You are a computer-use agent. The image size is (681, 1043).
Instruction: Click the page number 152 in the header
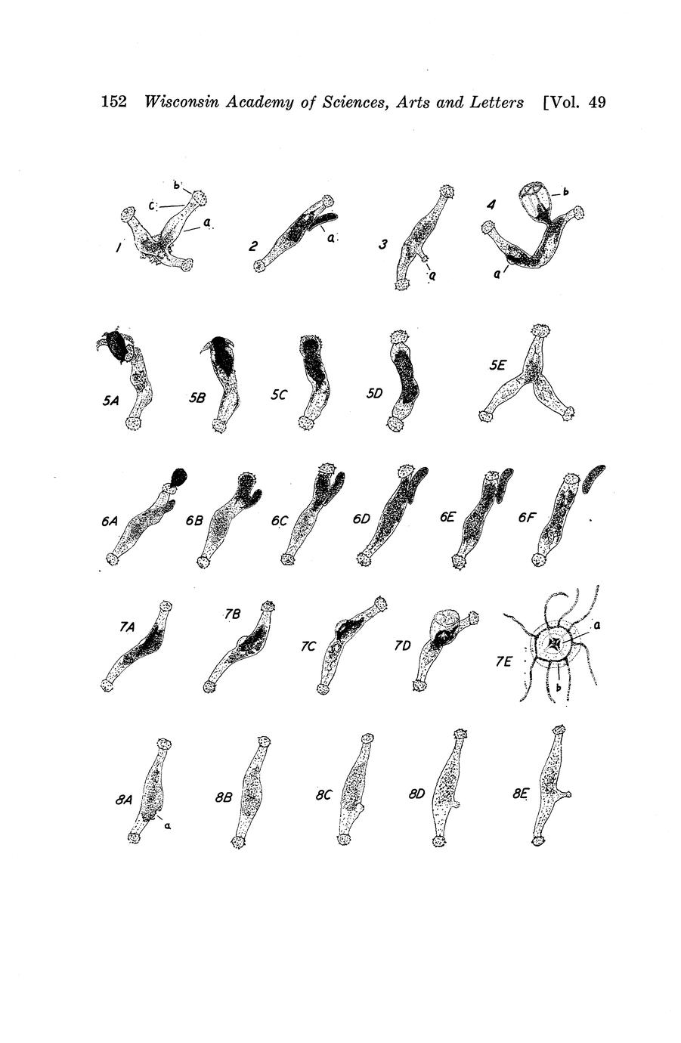(114, 101)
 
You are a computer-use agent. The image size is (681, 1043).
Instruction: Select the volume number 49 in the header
(596, 102)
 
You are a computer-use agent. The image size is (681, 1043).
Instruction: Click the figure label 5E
(497, 366)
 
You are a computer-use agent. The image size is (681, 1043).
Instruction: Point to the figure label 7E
(503, 661)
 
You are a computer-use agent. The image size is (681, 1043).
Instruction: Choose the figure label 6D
(361, 518)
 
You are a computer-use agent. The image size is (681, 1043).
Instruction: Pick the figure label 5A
(111, 401)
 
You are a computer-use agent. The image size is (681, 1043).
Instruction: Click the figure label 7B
(232, 614)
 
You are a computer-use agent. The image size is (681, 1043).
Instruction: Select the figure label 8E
(520, 794)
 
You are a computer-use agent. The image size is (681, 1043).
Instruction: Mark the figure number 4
(491, 204)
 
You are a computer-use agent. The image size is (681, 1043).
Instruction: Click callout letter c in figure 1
(152, 205)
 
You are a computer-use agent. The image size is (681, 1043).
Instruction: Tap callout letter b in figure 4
(566, 191)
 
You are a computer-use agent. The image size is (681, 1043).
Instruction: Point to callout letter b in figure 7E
(557, 687)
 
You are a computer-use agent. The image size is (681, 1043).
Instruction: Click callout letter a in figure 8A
(168, 825)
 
